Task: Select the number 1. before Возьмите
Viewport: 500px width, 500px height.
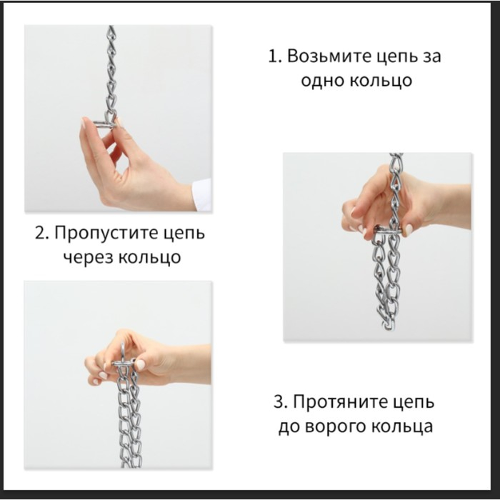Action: [x=275, y=56]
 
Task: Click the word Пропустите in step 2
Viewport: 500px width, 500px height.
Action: [x=105, y=234]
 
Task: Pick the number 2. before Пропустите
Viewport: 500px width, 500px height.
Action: [x=43, y=233]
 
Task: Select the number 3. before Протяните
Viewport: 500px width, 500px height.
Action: [x=281, y=401]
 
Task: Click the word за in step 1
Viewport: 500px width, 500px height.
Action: [x=432, y=56]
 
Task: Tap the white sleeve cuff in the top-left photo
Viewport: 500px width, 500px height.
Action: [x=202, y=194]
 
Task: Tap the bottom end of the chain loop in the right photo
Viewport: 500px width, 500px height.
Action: [x=389, y=326]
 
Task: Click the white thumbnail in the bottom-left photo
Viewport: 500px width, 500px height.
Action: [x=141, y=364]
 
